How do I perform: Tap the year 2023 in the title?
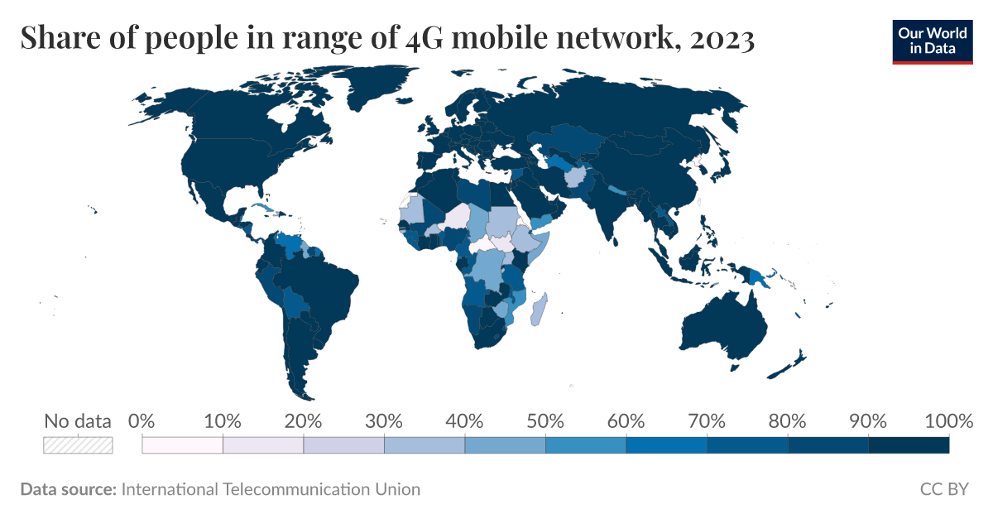723,39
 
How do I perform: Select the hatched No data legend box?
78,445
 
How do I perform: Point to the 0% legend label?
142,421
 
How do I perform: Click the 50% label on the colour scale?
545,421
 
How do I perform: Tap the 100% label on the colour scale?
949,421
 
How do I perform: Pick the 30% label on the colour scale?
384,421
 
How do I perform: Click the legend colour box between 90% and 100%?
909,445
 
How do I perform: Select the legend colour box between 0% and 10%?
183,445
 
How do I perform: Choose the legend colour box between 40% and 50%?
505,445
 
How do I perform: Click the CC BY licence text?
943,489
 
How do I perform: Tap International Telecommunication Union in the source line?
271,489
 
